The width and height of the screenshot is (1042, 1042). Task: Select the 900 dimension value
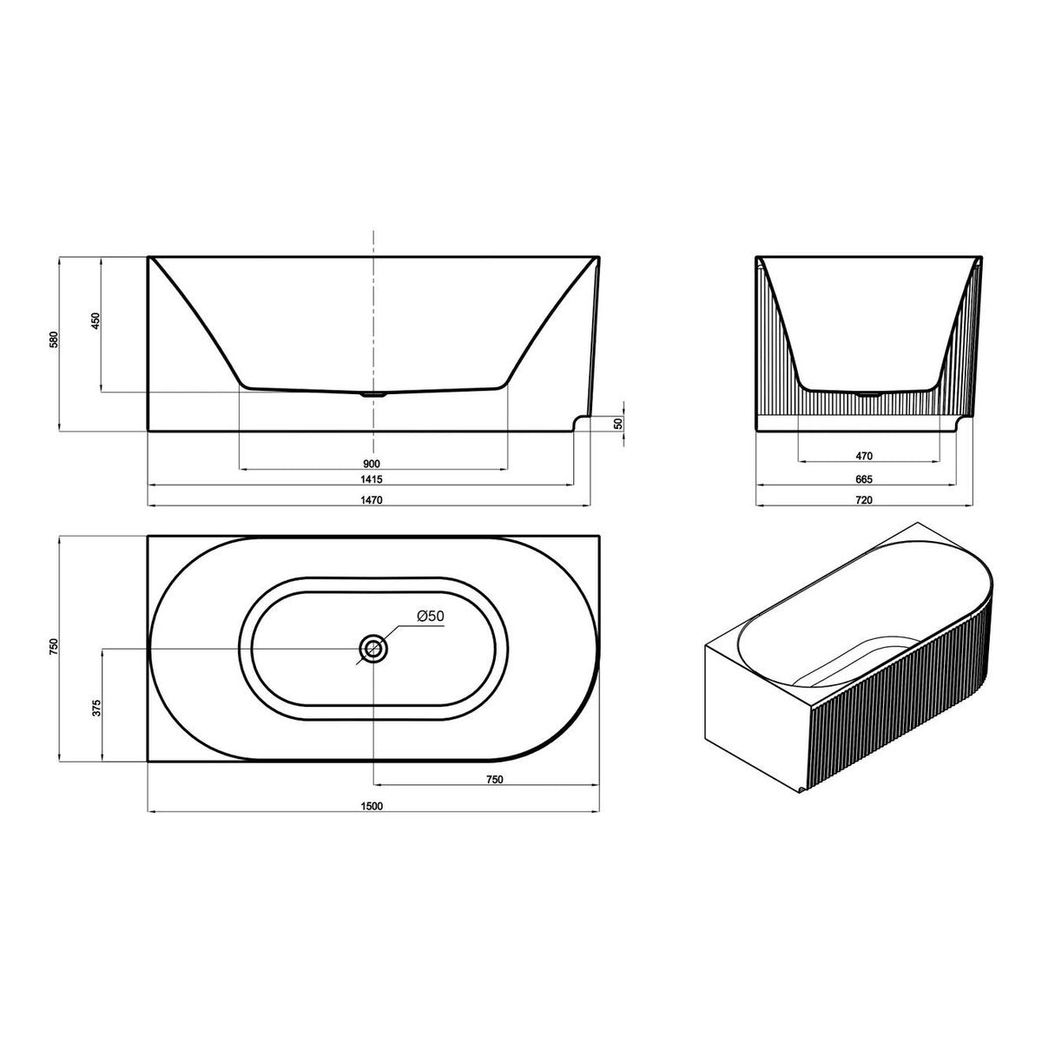click(x=372, y=464)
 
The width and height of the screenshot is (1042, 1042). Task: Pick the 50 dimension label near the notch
click(x=620, y=424)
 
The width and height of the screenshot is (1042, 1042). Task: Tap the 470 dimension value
click(x=864, y=457)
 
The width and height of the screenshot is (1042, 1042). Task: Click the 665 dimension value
click(x=864, y=479)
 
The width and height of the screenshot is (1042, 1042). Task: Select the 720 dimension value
click(x=864, y=499)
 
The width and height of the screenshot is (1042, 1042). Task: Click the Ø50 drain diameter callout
click(x=431, y=616)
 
